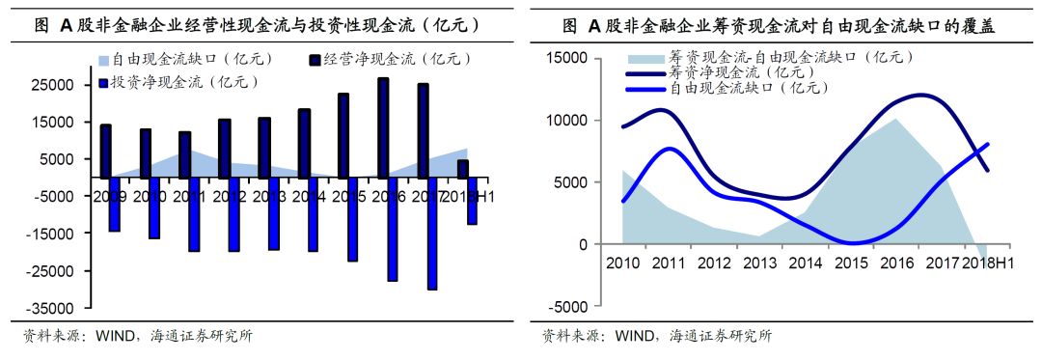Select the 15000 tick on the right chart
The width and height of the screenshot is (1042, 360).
point(566,58)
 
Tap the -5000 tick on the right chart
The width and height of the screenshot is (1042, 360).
point(566,307)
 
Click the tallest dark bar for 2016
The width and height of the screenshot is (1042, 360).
point(383,127)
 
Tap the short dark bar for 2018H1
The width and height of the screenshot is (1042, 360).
point(463,168)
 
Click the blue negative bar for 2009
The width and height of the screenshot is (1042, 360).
point(115,204)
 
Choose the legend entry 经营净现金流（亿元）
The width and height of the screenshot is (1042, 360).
point(396,60)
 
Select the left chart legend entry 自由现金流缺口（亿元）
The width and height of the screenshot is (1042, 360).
point(183,60)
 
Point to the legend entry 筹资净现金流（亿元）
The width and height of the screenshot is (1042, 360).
point(733,72)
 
